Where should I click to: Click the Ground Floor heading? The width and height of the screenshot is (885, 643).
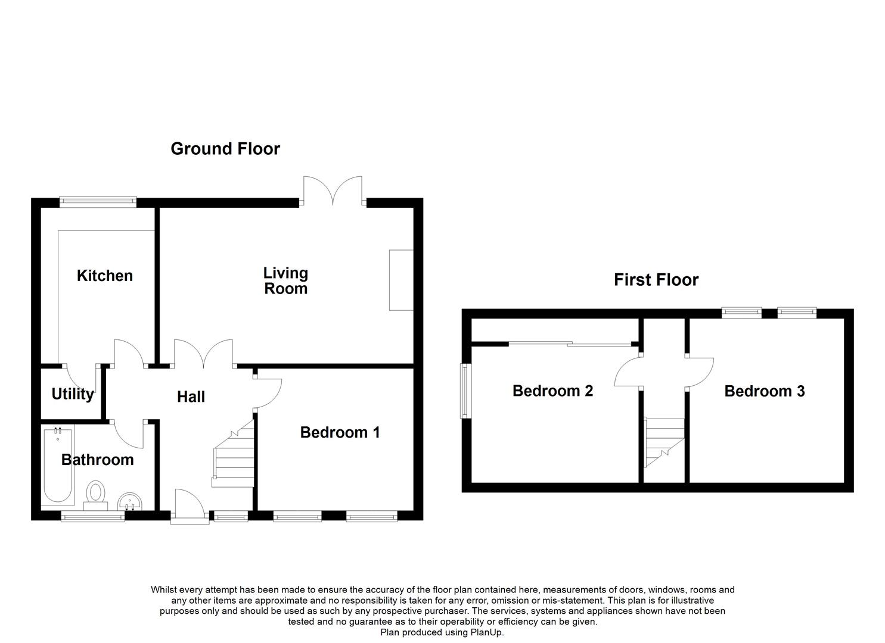click(225, 149)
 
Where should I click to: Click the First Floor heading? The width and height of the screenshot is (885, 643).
click(656, 280)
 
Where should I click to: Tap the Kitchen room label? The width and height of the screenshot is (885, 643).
click(105, 276)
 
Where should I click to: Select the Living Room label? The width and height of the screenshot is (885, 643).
click(285, 280)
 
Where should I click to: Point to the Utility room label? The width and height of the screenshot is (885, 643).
click(73, 394)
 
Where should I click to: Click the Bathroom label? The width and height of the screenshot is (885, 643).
click(98, 460)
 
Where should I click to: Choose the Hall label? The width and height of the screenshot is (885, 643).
click(191, 397)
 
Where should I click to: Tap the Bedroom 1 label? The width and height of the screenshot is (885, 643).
click(340, 432)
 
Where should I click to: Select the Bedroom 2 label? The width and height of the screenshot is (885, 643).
click(552, 391)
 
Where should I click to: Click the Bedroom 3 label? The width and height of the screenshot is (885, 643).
click(765, 391)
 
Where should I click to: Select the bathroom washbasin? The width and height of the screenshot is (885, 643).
click(130, 502)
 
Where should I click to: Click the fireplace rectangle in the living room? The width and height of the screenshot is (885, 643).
click(401, 280)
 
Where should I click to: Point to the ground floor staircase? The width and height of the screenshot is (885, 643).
click(234, 454)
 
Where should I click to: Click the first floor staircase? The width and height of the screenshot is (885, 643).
click(664, 442)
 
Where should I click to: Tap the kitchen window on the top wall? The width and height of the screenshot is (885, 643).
click(98, 202)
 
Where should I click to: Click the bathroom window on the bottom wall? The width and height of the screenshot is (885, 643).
click(93, 516)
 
